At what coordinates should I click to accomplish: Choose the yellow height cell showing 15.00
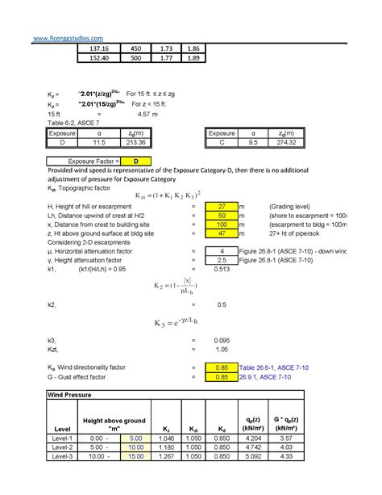(135, 456)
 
